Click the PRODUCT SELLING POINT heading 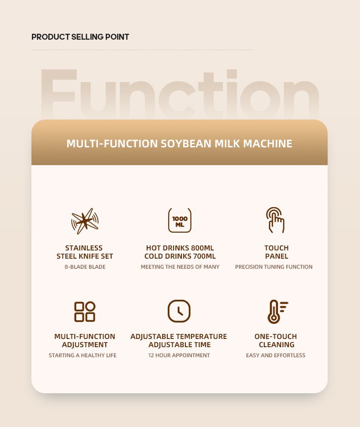coord(80,37)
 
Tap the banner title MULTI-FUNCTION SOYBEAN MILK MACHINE coord(179,144)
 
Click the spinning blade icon coord(85,221)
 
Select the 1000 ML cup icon coord(180,220)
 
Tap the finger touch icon coord(275,220)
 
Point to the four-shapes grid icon coord(85,312)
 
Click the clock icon coord(179,311)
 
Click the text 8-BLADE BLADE coord(85,267)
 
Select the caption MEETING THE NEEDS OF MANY coord(180,267)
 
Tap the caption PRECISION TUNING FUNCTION coord(274,267)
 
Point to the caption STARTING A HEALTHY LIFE coord(82,355)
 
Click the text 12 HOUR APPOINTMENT coord(179,355)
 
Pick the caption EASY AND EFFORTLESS coord(276,355)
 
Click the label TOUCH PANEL coord(277,252)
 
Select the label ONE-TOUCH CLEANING coord(276,341)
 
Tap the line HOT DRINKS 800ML coord(180,248)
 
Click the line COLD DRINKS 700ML coord(180,256)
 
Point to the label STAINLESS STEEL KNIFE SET coord(85,252)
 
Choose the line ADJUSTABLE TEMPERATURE coord(179,337)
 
